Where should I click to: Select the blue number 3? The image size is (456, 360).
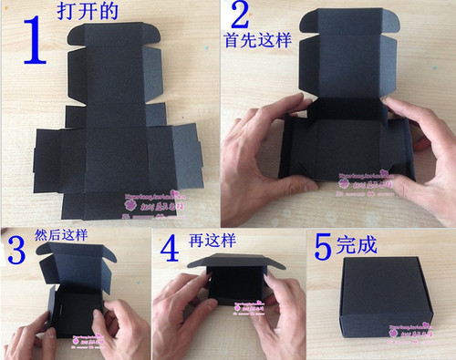[x=16, y=251]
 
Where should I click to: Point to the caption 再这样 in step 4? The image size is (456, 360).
[x=209, y=243]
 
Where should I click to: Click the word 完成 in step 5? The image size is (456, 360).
[x=356, y=247]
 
